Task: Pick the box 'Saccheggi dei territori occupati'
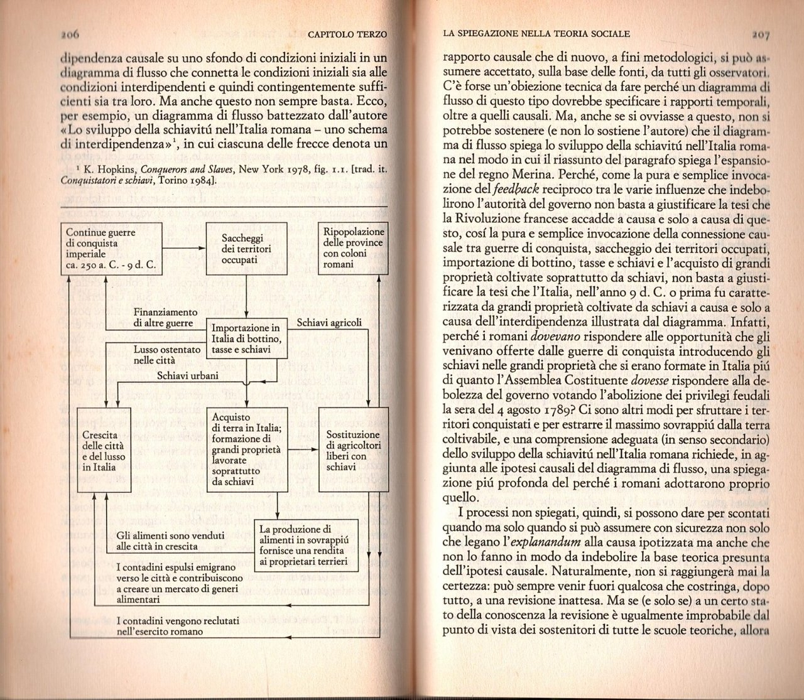click(x=246, y=249)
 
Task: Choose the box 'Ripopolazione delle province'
click(x=352, y=249)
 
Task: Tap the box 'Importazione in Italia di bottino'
click(x=247, y=338)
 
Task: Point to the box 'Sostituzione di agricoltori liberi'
click(x=352, y=450)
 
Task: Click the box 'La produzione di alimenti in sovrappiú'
click(x=305, y=545)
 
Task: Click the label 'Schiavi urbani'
click(x=188, y=375)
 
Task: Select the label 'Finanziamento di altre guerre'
click(x=165, y=318)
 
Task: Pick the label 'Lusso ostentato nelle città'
click(x=167, y=355)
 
